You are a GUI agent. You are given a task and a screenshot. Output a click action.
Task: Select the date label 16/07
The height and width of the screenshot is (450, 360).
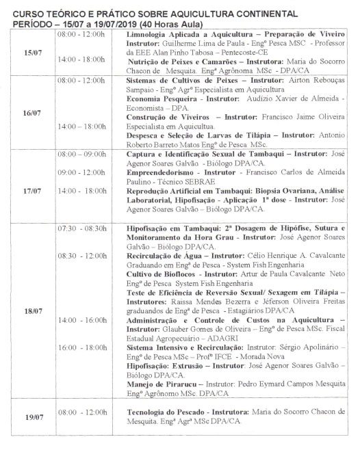(31, 112)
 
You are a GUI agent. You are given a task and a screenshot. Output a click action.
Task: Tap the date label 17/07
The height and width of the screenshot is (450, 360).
(31, 190)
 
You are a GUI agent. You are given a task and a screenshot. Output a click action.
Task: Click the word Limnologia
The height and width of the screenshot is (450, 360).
(150, 31)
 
